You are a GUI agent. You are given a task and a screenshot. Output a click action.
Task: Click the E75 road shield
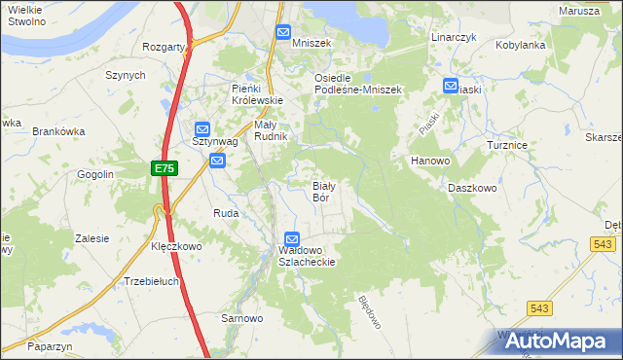point(164,169)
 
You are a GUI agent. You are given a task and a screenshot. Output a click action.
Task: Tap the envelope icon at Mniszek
point(282,32)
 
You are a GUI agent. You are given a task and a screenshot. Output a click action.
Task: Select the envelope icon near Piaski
point(451,86)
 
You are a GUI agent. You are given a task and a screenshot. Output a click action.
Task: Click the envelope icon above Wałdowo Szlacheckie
point(292,239)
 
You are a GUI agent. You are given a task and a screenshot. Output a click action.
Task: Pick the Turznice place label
point(507,145)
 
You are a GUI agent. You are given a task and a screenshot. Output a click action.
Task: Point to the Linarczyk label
point(453,37)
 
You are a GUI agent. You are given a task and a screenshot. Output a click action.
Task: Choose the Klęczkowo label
point(176,247)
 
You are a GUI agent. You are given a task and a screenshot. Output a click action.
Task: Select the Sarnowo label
point(242,318)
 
